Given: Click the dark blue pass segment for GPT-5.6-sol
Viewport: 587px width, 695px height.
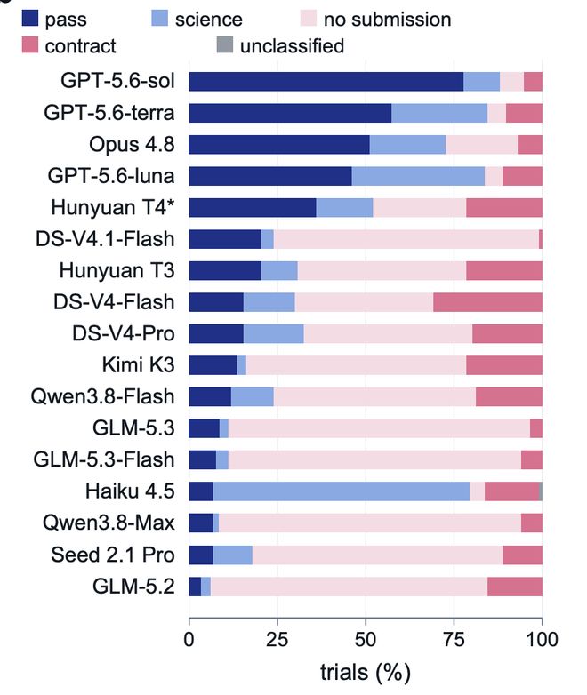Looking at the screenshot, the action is pyautogui.click(x=326, y=82).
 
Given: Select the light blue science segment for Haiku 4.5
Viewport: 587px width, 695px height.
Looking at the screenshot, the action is pyautogui.click(x=342, y=491).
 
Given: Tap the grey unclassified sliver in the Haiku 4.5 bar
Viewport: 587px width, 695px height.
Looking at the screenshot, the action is pyautogui.click(x=541, y=491).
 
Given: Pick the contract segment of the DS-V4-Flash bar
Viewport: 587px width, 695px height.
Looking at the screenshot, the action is pyautogui.click(x=487, y=302).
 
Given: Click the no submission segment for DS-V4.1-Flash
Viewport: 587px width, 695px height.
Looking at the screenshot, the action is pyautogui.click(x=406, y=239).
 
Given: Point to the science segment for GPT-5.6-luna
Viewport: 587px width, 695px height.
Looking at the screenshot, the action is pyautogui.click(x=418, y=176).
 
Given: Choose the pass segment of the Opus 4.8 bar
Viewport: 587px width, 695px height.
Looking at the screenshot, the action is pyautogui.click(x=279, y=145).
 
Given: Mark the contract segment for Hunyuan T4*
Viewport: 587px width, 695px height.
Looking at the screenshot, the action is pyautogui.click(x=504, y=207).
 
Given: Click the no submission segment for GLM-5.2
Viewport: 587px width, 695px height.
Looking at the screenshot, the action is pyautogui.click(x=350, y=587).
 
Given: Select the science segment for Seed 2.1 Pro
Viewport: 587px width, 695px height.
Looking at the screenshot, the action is pyautogui.click(x=233, y=555).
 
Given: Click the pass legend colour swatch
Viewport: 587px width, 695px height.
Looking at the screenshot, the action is pyautogui.click(x=30, y=19).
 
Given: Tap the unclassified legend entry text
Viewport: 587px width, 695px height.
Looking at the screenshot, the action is pyautogui.click(x=292, y=46).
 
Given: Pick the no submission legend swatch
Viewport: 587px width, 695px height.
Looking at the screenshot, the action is pyautogui.click(x=309, y=19).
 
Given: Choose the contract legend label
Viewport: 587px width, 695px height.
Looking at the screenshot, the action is pyautogui.click(x=80, y=46).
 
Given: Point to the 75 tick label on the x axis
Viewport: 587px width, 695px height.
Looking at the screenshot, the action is pyautogui.click(x=454, y=640).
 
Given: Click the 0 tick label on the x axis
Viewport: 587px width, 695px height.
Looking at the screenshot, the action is pyautogui.click(x=189, y=640).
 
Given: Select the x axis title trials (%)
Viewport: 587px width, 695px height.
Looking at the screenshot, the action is pyautogui.click(x=366, y=673).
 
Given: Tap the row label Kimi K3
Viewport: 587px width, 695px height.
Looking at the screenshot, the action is pyautogui.click(x=139, y=364).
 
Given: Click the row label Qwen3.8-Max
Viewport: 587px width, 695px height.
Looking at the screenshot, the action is pyautogui.click(x=109, y=523).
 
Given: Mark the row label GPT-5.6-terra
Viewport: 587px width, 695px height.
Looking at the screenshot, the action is pyautogui.click(x=109, y=113).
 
